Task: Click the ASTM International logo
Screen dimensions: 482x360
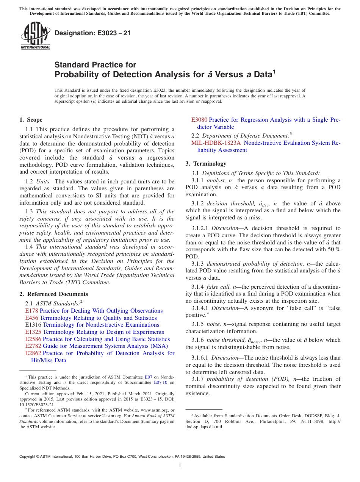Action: click(35, 36)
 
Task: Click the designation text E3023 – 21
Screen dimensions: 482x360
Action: click(92, 33)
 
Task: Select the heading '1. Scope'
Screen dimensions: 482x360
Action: click(31, 120)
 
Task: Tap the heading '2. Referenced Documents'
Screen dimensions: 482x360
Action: click(54, 294)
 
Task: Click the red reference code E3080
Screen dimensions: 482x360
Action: click(199, 120)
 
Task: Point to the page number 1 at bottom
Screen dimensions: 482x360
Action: click(180, 465)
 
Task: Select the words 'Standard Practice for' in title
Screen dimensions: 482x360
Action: click(95, 65)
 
